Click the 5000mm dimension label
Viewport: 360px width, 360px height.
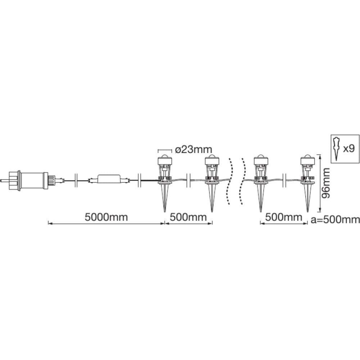tap(106, 217)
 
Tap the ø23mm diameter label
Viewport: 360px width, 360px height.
tap(193, 150)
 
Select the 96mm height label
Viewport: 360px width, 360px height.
tap(326, 183)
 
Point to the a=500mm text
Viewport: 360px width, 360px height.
tap(335, 220)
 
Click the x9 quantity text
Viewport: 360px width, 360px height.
tap(349, 149)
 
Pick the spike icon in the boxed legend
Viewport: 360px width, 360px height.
tap(337, 149)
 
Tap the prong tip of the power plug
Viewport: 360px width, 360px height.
tap(1, 181)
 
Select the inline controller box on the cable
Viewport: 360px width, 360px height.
tap(108, 179)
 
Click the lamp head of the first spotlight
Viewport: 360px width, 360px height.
tap(165, 160)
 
